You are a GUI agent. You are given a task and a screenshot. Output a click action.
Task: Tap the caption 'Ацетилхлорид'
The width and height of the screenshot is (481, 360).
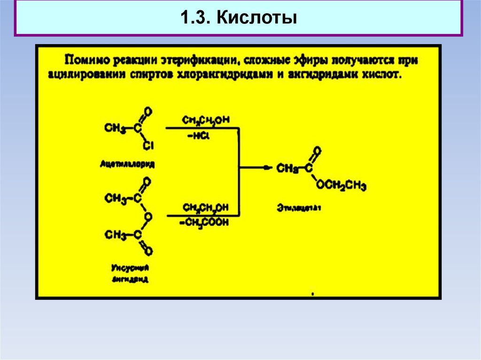[127, 164]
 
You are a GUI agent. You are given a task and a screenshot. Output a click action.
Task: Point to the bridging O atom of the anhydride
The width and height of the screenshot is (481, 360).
[147, 216]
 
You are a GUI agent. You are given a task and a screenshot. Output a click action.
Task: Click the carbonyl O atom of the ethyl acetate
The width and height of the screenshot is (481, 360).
[318, 151]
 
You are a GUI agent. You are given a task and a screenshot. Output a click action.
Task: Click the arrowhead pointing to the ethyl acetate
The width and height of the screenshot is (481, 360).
[267, 167]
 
